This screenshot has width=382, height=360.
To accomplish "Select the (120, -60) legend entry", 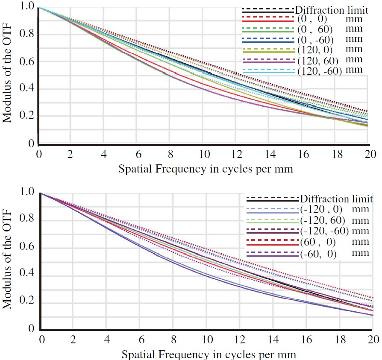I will [319, 70].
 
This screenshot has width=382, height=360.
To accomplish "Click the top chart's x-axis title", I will [206, 169].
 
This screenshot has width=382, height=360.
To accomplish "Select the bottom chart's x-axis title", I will [208, 354].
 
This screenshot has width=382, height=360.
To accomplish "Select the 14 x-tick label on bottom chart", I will [273, 340].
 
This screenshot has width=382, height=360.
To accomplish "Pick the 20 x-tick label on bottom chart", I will [372, 340].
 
